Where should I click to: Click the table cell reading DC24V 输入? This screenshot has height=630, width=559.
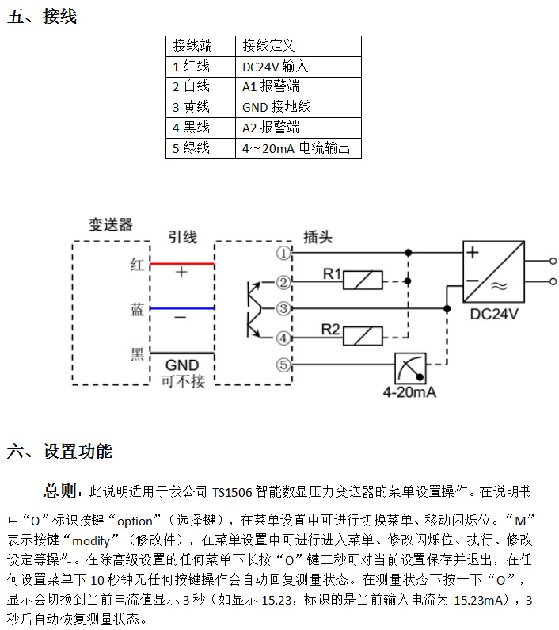click(299, 67)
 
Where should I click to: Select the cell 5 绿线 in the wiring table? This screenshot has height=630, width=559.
click(200, 148)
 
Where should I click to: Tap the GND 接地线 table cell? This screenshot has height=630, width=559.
click(299, 107)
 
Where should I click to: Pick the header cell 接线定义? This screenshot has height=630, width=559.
click(299, 46)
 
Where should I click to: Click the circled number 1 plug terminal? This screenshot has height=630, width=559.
click(283, 253)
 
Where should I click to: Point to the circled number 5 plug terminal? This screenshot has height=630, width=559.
click(283, 365)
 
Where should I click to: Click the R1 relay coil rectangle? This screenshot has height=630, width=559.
click(363, 280)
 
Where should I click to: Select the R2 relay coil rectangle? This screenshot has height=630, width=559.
click(363, 336)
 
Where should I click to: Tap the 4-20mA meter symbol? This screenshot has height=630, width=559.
click(410, 368)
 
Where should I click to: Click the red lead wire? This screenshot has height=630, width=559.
click(182, 264)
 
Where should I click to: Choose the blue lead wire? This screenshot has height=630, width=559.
click(182, 308)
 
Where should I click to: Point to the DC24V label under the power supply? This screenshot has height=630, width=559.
click(494, 314)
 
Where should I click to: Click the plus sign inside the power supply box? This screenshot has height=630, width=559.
click(473, 252)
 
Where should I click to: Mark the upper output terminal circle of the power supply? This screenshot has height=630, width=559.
click(553, 262)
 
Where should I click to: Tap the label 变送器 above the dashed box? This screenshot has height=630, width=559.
click(110, 224)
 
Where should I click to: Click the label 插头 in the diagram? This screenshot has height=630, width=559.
click(318, 237)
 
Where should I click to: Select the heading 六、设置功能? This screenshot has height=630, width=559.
click(60, 451)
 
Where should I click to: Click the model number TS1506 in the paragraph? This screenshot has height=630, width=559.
click(232, 492)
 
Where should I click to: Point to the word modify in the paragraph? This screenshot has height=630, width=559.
click(91, 540)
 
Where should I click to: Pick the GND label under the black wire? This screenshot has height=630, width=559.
click(182, 365)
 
